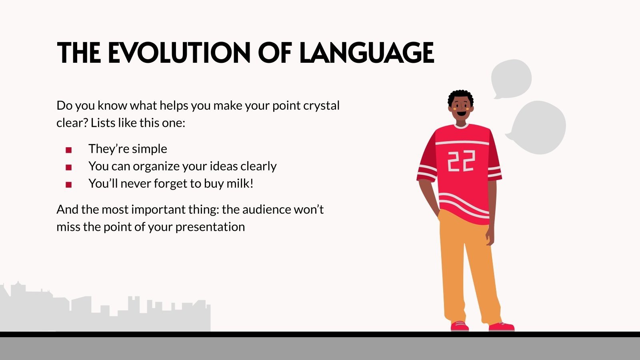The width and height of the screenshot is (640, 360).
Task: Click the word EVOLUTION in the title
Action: click(179, 52)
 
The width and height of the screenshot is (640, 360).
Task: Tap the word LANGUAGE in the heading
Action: click(366, 52)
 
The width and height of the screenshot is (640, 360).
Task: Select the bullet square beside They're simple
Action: click(68, 150)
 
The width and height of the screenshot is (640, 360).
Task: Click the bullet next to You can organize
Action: click(68, 168)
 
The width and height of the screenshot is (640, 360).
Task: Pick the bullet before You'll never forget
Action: click(68, 185)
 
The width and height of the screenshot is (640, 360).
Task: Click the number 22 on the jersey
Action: click(461, 161)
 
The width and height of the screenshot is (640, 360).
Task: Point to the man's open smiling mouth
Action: click(462, 114)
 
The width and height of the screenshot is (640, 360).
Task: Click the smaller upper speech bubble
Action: click(511, 78)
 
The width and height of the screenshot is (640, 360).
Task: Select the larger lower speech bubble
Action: click(538, 128)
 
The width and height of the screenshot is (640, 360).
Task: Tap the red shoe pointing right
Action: click(502, 326)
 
